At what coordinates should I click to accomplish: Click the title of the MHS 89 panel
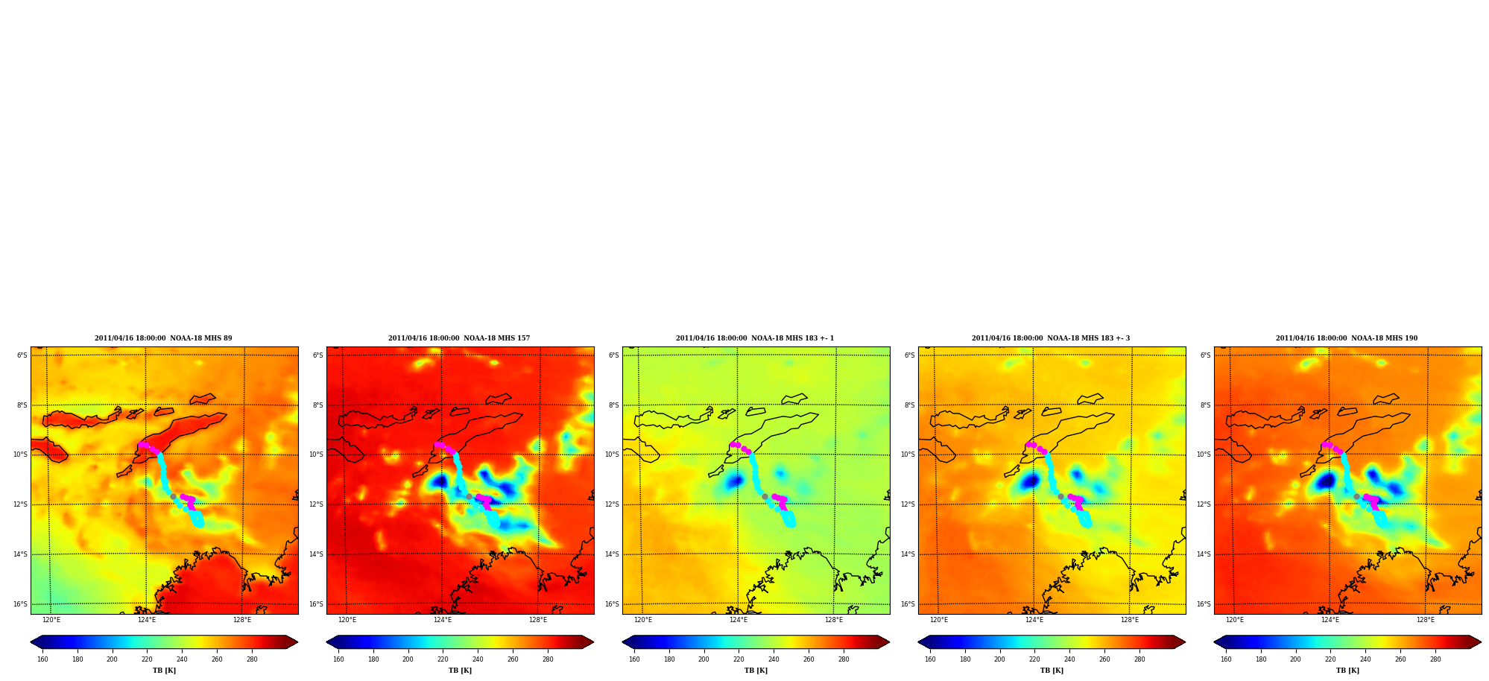coord(163,338)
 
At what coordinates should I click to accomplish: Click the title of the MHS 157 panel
coord(459,338)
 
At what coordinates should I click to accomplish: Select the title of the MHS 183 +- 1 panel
coord(755,338)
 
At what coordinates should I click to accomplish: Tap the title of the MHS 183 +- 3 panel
coord(1051,338)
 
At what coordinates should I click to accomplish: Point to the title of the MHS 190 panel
coord(1347,338)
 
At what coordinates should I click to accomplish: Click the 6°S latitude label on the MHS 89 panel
coord(22,355)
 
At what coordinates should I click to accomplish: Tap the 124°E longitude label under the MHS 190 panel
coord(1330,620)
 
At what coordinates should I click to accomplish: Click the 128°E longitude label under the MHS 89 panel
coord(242,620)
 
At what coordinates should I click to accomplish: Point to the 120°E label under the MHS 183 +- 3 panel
coord(939,620)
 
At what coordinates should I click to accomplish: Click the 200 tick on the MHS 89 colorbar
coord(112,659)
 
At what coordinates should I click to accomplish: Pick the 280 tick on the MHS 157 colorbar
coord(548,659)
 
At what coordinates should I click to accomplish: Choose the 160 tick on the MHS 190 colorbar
coord(1226,659)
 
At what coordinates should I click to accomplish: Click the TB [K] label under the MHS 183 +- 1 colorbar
coord(756,671)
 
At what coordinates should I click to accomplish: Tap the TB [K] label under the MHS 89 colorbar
coord(164,671)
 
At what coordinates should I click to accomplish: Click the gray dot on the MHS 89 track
coord(173,496)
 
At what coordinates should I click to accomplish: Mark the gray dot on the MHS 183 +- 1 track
coord(765,496)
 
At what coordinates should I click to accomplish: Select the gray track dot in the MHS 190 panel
coord(1356,496)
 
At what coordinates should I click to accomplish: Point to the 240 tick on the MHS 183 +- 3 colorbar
coord(1069,659)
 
